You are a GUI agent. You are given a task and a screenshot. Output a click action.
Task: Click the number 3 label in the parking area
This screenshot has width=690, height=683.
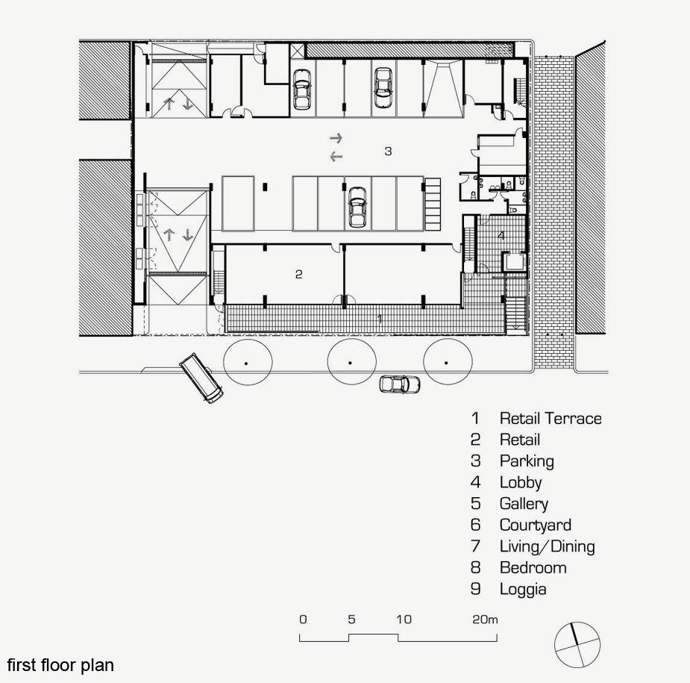tap(388, 151)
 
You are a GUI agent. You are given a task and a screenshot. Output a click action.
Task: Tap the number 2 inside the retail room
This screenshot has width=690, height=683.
tap(299, 275)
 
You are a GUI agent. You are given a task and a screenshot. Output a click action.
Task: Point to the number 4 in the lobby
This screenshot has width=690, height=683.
tap(501, 236)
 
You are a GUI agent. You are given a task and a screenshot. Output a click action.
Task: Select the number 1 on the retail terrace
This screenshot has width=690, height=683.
tap(380, 319)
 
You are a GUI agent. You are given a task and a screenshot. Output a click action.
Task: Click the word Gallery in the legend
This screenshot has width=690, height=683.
tap(524, 504)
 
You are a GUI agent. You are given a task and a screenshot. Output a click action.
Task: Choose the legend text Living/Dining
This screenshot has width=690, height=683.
tap(548, 546)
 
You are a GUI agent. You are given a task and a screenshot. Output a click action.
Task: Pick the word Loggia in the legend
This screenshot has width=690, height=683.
tap(523, 589)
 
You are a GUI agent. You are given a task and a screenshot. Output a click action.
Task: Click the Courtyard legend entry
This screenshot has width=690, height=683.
tap(536, 525)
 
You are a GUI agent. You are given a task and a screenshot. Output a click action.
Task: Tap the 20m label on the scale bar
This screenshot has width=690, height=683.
tap(485, 620)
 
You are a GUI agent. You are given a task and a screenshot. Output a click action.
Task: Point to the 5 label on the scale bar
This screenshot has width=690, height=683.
tap(351, 620)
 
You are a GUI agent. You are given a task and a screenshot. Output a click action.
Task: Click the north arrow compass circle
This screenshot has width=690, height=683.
tap(577, 645)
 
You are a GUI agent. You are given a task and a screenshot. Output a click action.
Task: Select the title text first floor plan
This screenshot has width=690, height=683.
tap(60, 665)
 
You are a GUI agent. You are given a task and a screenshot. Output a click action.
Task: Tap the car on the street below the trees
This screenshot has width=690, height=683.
tap(400, 384)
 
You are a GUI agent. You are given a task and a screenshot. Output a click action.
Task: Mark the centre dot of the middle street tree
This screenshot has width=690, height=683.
tap(351, 363)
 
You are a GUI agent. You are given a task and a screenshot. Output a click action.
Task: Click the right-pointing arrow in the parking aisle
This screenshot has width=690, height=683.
tap(336, 138)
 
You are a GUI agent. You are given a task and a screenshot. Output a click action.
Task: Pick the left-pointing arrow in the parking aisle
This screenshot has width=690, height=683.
tap(336, 156)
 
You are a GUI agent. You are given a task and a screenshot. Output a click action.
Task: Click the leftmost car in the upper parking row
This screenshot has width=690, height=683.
tap(302, 90)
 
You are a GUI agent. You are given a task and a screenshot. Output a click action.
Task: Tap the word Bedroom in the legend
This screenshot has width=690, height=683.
tap(533, 567)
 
